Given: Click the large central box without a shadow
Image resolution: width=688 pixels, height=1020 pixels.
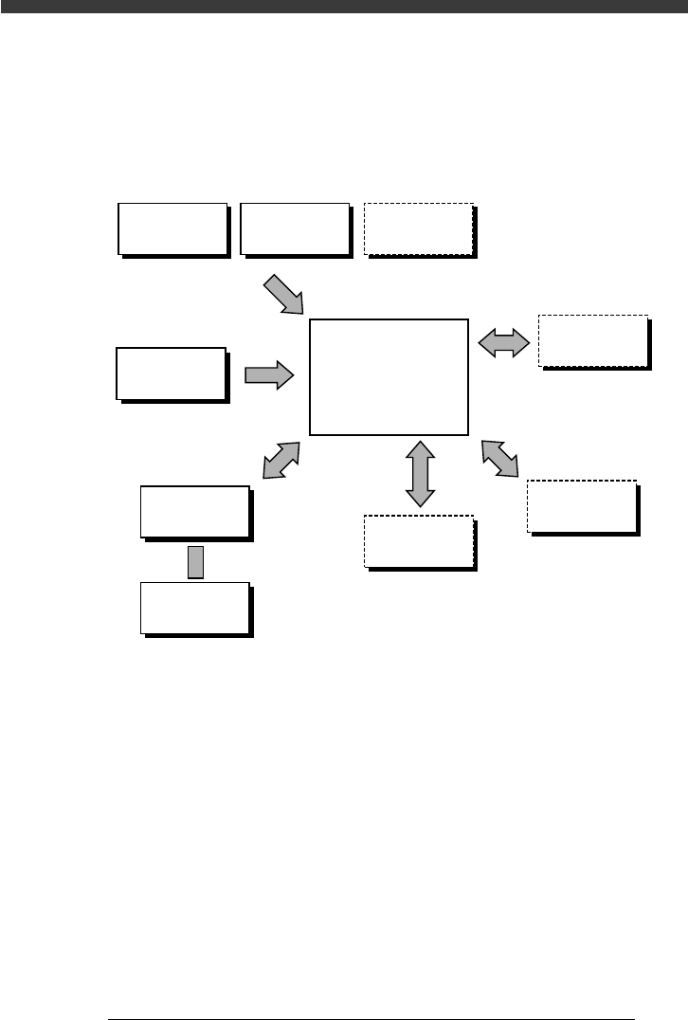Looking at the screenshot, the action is pos(389,376).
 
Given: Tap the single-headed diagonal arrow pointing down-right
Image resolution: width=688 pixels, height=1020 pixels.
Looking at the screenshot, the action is pos(282,294).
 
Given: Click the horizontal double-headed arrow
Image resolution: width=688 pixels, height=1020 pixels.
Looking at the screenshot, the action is pos(503,342).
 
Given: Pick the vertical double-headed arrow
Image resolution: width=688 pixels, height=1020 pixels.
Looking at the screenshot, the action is pos(420,471).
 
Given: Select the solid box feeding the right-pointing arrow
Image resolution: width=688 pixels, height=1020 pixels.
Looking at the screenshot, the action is pos(171,373).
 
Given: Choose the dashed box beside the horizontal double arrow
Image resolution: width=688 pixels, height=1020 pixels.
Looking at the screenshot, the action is pos(592,340).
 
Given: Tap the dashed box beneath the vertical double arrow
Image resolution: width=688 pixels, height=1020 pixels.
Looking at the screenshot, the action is pos(418,540).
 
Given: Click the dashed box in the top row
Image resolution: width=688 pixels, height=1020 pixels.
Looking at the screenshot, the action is pos(418,228).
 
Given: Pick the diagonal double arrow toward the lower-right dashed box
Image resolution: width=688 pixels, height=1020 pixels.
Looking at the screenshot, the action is pos(500,458).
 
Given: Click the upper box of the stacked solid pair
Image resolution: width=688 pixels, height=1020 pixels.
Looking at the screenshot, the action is pos(195,512).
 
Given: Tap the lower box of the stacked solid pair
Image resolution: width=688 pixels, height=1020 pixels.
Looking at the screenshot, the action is pos(195,607).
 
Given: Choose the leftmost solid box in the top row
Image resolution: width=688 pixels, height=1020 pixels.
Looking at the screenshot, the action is pos(172,228).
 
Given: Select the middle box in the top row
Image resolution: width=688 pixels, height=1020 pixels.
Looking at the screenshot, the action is pos(295,228).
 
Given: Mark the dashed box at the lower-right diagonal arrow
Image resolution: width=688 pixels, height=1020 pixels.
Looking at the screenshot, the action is pos(581,506).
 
